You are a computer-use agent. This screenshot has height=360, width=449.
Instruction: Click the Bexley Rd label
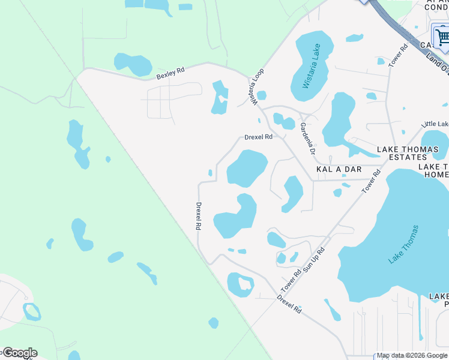click(x=170, y=74)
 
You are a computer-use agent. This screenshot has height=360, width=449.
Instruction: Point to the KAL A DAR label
click(x=339, y=169)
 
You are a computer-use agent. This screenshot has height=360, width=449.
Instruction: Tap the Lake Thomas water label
click(x=403, y=244)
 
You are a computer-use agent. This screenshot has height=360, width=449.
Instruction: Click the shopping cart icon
click(x=442, y=38)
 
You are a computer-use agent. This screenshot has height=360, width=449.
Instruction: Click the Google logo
click(x=19, y=352)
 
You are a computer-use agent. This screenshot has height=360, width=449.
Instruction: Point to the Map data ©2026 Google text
click(x=412, y=355)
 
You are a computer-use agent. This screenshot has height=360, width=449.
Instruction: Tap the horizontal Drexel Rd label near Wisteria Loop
click(x=258, y=137)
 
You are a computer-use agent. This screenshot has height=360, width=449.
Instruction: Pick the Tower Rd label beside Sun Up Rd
click(x=291, y=280)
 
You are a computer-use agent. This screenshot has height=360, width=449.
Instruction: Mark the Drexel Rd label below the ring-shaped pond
click(x=289, y=304)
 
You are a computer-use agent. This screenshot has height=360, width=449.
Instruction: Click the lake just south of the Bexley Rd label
click(x=133, y=63)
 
